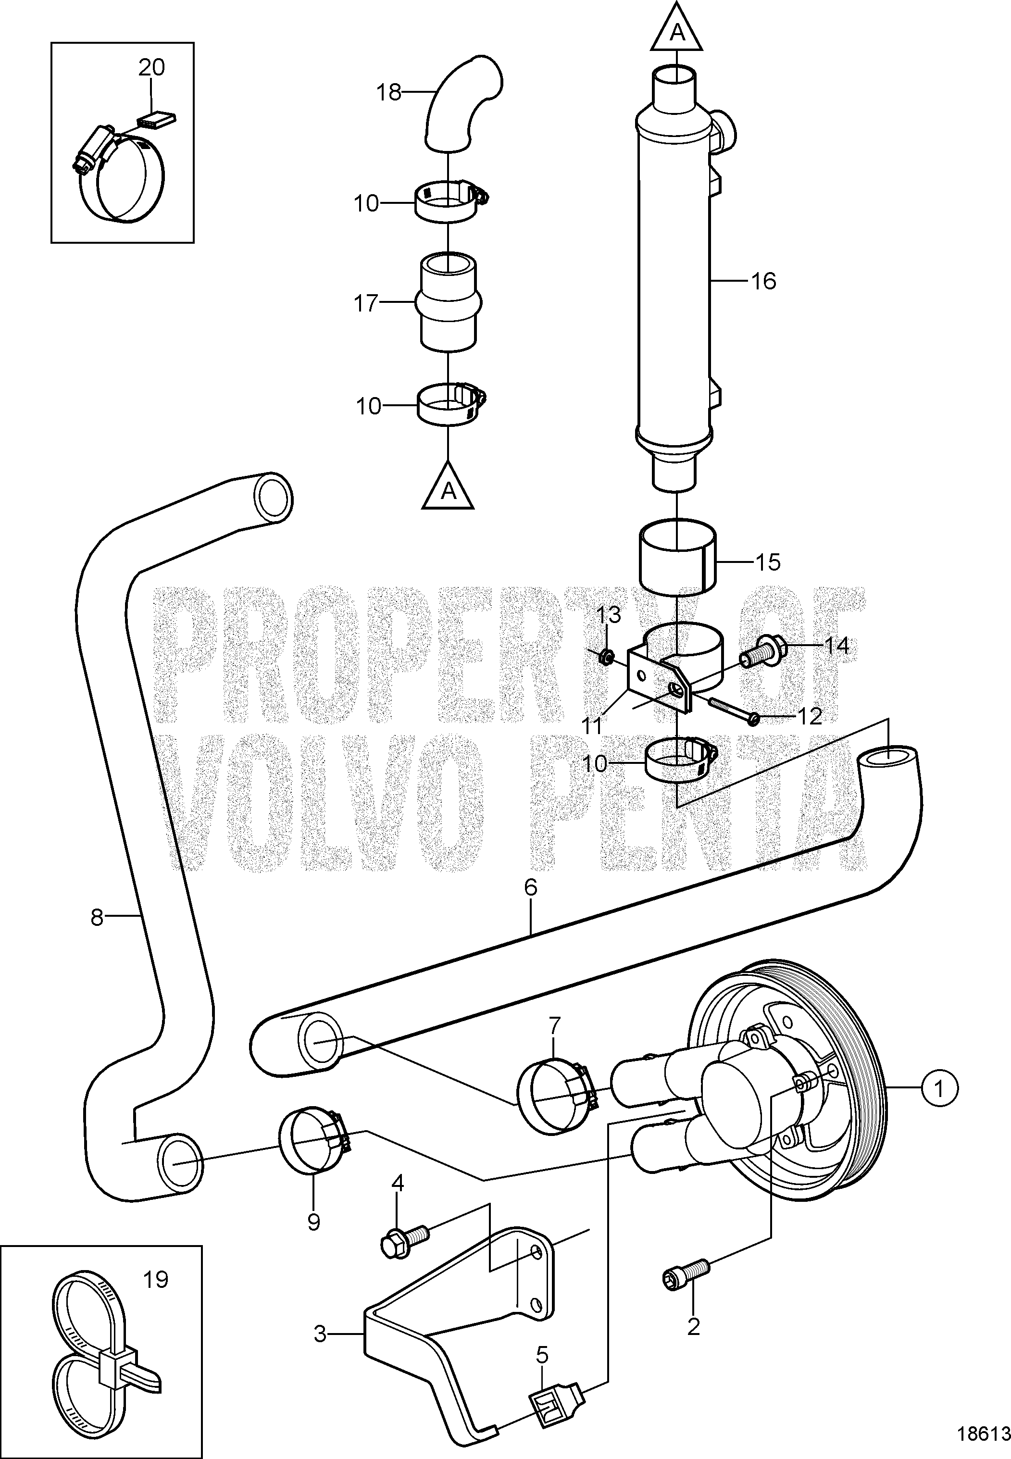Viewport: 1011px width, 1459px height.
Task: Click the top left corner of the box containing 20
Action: coord(51,42)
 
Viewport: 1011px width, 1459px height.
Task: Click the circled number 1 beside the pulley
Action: coord(941,1088)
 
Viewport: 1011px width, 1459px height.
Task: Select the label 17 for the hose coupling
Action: coord(366,303)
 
